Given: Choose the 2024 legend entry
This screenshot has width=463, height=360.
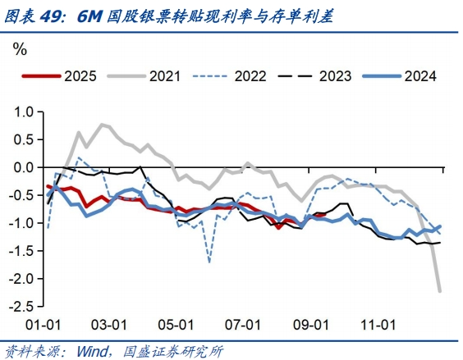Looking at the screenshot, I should (x=417, y=76).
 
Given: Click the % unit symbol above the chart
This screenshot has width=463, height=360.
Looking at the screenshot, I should (x=20, y=48).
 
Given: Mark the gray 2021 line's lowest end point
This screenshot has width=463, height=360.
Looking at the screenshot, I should (x=441, y=291).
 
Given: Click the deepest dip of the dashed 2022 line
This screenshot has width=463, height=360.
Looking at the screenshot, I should (x=209, y=262).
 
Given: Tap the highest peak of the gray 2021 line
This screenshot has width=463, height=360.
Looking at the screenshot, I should (x=102, y=125).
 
